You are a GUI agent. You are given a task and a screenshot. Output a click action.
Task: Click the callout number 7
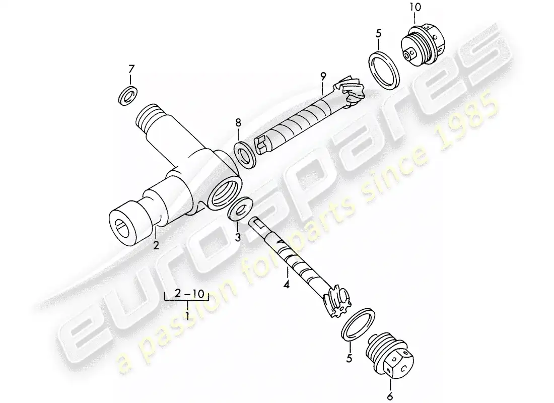pyautogui.click(x=131, y=69)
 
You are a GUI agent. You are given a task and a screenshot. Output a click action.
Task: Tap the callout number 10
pyautogui.click(x=415, y=8)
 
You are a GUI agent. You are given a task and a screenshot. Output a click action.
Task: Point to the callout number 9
pyautogui.click(x=323, y=76)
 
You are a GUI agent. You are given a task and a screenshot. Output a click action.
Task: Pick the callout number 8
pyautogui.click(x=238, y=123)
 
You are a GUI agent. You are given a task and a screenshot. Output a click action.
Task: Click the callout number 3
pyautogui.click(x=238, y=236)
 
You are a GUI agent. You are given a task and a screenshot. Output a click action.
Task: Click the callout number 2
pyautogui.click(x=156, y=245)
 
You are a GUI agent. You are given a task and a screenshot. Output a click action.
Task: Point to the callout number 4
pyautogui.click(x=287, y=284)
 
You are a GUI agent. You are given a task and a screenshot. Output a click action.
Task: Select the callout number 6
pyautogui.click(x=390, y=396)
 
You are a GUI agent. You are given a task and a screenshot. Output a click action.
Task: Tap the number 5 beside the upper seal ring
pyautogui.click(x=378, y=34)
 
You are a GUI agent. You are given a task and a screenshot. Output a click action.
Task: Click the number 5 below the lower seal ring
pyautogui.click(x=349, y=359)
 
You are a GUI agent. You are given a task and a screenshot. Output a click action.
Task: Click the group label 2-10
pyautogui.click(x=190, y=293)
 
